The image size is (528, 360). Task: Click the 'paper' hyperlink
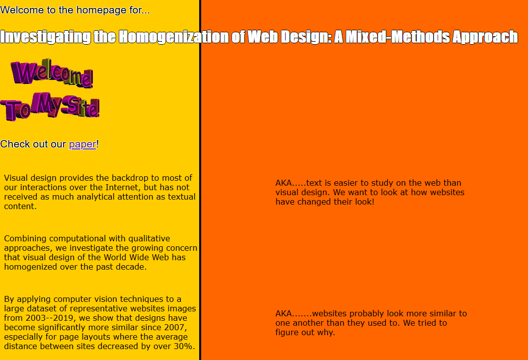pyautogui.click(x=82, y=144)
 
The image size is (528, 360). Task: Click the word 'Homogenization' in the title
pyautogui.click(x=173, y=37)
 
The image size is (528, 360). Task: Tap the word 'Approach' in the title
pyautogui.click(x=485, y=37)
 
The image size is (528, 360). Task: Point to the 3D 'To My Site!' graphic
pyautogui.click(x=50, y=106)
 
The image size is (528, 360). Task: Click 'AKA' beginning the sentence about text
pyautogui.click(x=284, y=183)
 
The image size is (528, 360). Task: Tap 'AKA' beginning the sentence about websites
pyautogui.click(x=284, y=313)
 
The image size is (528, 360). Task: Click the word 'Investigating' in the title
pyautogui.click(x=46, y=37)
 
